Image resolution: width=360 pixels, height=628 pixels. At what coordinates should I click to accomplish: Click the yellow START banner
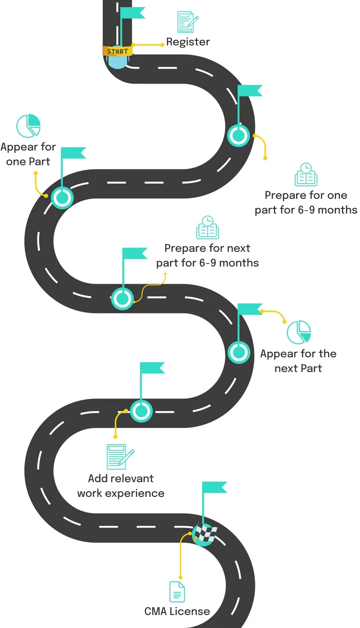point(117,51)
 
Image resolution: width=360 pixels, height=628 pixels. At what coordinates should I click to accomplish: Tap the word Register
point(188,42)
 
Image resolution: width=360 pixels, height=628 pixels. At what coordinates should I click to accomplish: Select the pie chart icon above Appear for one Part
point(29,125)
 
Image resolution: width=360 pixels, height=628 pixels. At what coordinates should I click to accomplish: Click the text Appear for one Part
point(28,154)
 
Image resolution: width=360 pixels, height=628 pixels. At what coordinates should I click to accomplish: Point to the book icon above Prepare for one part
point(306,175)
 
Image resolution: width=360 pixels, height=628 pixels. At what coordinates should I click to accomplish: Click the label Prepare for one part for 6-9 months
point(306,203)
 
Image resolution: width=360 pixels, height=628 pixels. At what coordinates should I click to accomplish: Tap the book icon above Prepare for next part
point(207,228)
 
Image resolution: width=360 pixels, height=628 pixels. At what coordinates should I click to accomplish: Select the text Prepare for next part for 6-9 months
point(207,256)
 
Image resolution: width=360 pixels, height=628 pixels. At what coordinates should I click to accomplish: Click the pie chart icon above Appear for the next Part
point(299,332)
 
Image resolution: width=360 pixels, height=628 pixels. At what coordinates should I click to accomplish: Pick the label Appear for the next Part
point(298,361)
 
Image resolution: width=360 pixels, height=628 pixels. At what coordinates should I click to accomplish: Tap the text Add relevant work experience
point(121,486)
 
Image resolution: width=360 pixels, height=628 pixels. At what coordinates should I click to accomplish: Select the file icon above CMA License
point(177,592)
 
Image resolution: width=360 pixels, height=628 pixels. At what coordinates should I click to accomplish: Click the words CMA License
point(177,612)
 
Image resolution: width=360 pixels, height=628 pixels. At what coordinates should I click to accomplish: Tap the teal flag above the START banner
point(132,13)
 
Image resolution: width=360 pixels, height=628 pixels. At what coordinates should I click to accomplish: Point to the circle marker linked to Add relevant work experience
point(141,411)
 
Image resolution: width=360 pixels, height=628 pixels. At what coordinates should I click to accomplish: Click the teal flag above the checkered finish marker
point(214,488)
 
